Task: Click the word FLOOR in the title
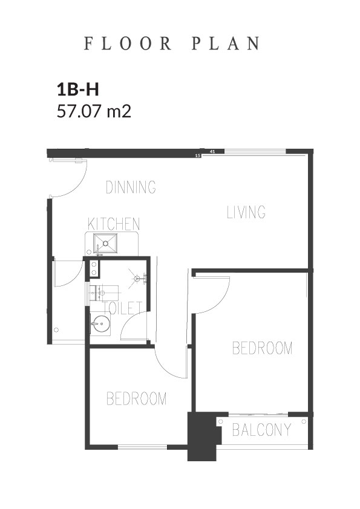coord(128,44)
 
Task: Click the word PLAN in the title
coord(226,44)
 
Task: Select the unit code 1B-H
coord(78,89)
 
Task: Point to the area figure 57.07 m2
coord(94,111)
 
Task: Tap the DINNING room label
coord(131,187)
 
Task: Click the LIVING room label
coord(246,212)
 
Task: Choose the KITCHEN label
coord(114,224)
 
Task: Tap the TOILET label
coord(122,308)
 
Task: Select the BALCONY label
coord(261,430)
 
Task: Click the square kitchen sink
coord(105,243)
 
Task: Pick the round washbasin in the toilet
coord(99,323)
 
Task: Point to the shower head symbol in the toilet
coord(137,278)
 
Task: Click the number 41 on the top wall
coord(212,151)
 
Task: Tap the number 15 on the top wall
coord(197,156)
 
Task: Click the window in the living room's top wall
coord(255,151)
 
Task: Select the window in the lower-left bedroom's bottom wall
coord(142,447)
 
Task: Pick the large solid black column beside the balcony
coord(202,436)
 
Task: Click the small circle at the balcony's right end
coord(304,422)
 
